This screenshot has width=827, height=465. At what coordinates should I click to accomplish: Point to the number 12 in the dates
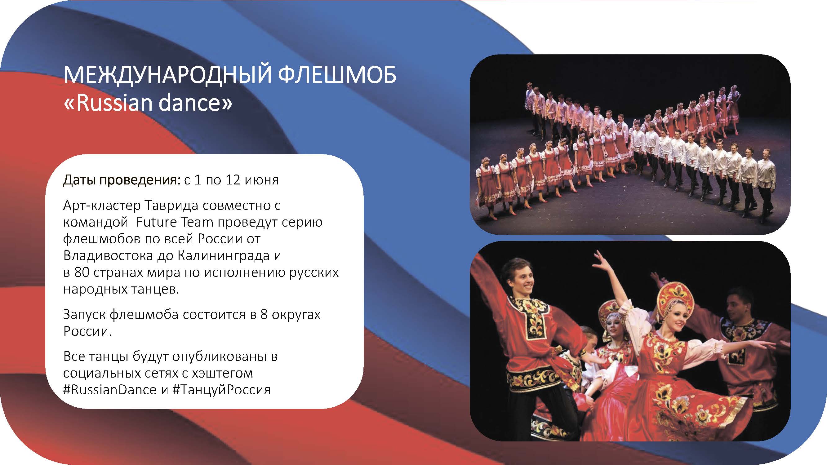(x=233, y=180)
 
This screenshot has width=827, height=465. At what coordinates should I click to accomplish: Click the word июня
(x=262, y=181)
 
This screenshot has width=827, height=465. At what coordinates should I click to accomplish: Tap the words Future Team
(x=175, y=222)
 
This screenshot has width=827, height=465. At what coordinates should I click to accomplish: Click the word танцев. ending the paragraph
(x=155, y=290)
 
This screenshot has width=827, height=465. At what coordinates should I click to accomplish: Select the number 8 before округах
(x=264, y=314)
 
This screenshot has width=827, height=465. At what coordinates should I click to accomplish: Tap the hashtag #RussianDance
(x=110, y=390)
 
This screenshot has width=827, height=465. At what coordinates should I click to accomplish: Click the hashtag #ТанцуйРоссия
(x=221, y=390)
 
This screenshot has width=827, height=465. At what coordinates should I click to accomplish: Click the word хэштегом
(x=222, y=373)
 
